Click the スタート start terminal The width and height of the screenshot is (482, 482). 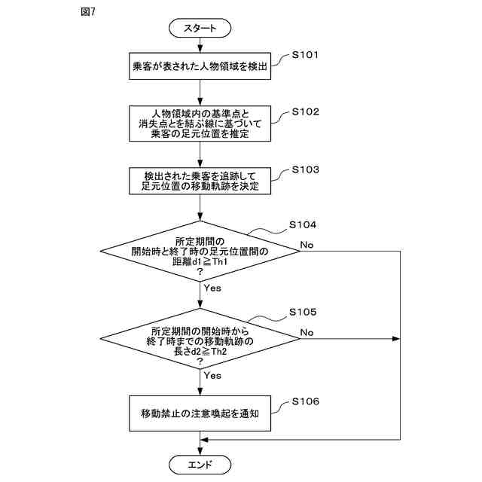coord(200,28)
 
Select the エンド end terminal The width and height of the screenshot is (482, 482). coord(200,464)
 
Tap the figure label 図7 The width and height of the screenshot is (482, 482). coord(88,12)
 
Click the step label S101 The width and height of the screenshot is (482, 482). coord(305,55)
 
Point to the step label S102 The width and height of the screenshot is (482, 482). coord(305,112)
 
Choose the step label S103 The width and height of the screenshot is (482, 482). coord(305,169)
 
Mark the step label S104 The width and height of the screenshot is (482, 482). coord(303,224)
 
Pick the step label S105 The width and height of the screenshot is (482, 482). coord(303,312)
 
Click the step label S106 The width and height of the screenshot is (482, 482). coord(305,401)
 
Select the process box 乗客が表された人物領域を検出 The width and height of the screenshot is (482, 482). coord(200,66)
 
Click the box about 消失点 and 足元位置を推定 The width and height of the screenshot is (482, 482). coord(200,124)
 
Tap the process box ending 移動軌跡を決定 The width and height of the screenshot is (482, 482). coord(200,181)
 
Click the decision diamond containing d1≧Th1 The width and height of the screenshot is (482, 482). coord(200,251)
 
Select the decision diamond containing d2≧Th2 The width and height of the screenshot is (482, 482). coord(200,339)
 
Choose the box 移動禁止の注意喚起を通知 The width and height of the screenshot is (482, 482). coord(200,413)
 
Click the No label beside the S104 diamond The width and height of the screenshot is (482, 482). coord(307,245)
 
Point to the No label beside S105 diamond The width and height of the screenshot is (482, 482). coord(307,333)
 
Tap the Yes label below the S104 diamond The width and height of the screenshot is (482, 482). coord(212,288)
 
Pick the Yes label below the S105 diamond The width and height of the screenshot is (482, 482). coord(212,376)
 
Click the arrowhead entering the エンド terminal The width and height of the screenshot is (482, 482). coord(200,451)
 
